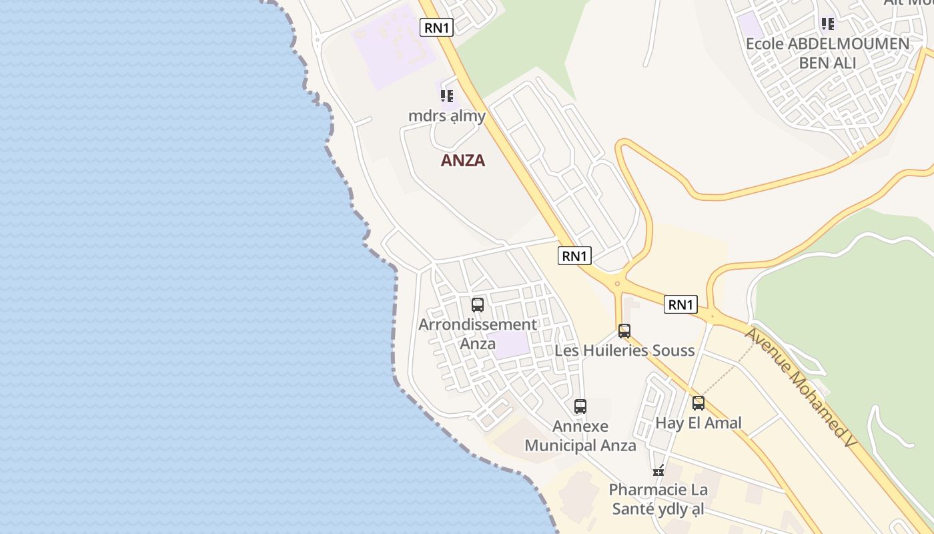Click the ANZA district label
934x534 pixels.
point(463,160)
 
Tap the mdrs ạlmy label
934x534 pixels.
point(447,115)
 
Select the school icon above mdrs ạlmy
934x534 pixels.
point(447,96)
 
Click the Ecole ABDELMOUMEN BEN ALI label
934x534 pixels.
point(827,53)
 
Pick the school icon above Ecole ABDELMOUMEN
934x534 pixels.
point(828,25)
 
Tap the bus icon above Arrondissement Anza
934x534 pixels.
point(478,305)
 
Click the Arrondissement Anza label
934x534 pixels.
point(478,334)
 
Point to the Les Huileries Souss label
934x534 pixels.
point(625,350)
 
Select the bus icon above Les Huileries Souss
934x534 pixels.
point(624,330)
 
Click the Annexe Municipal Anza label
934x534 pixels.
point(580,436)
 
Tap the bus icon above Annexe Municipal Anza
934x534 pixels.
point(580,406)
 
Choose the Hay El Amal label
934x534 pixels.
point(698,423)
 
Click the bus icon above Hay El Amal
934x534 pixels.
point(698,403)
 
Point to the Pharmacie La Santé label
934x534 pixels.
point(658,499)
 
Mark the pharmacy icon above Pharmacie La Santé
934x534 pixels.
point(658,471)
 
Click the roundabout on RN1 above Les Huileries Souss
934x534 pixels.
point(617,283)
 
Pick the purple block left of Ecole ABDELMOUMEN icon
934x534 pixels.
point(751,25)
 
